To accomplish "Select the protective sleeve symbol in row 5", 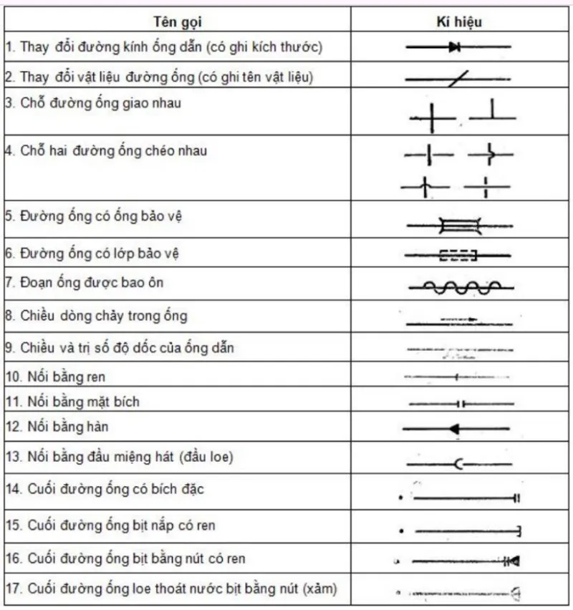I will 458,226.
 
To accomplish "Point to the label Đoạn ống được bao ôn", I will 84,283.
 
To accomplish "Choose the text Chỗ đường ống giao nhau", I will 93,104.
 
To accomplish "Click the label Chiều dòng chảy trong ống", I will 97,316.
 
